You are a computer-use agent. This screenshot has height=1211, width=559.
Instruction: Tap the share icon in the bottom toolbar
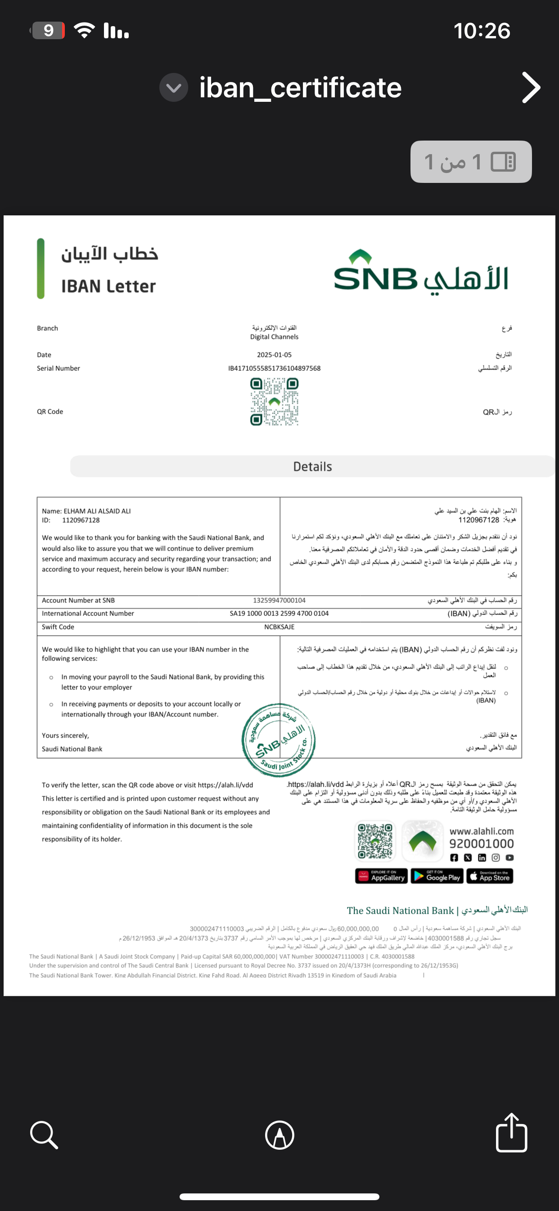pyautogui.click(x=511, y=1134)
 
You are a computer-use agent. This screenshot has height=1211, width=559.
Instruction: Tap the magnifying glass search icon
pyautogui.click(x=44, y=1134)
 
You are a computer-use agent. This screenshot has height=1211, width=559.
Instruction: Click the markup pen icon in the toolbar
pyautogui.click(x=279, y=1135)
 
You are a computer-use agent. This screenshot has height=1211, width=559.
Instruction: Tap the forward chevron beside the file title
pyautogui.click(x=531, y=87)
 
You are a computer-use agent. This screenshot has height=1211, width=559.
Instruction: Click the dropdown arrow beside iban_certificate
pyautogui.click(x=174, y=87)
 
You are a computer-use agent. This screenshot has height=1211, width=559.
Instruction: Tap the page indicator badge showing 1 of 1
pyautogui.click(x=471, y=162)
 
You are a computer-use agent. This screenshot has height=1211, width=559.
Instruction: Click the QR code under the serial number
pyautogui.click(x=275, y=402)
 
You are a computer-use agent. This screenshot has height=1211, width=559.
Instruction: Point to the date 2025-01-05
pyautogui.click(x=275, y=355)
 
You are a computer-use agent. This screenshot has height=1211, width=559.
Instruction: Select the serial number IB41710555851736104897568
pyautogui.click(x=275, y=369)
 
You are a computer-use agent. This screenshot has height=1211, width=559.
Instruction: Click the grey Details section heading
pyautogui.click(x=312, y=466)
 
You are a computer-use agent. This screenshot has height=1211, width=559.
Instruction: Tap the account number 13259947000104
pyautogui.click(x=279, y=601)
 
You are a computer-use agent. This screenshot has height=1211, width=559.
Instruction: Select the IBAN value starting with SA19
pyautogui.click(x=279, y=614)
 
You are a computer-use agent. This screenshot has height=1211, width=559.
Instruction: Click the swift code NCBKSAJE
pyautogui.click(x=279, y=627)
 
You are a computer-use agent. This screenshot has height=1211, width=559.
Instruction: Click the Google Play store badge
pyautogui.click(x=437, y=876)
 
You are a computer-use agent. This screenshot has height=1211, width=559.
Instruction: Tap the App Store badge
pyautogui.click(x=490, y=876)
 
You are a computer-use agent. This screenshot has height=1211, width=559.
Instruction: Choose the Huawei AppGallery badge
pyautogui.click(x=381, y=876)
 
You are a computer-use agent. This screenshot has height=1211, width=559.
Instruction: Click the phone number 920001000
pyautogui.click(x=482, y=844)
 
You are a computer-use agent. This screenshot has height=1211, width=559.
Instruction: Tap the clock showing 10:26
pyautogui.click(x=482, y=31)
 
